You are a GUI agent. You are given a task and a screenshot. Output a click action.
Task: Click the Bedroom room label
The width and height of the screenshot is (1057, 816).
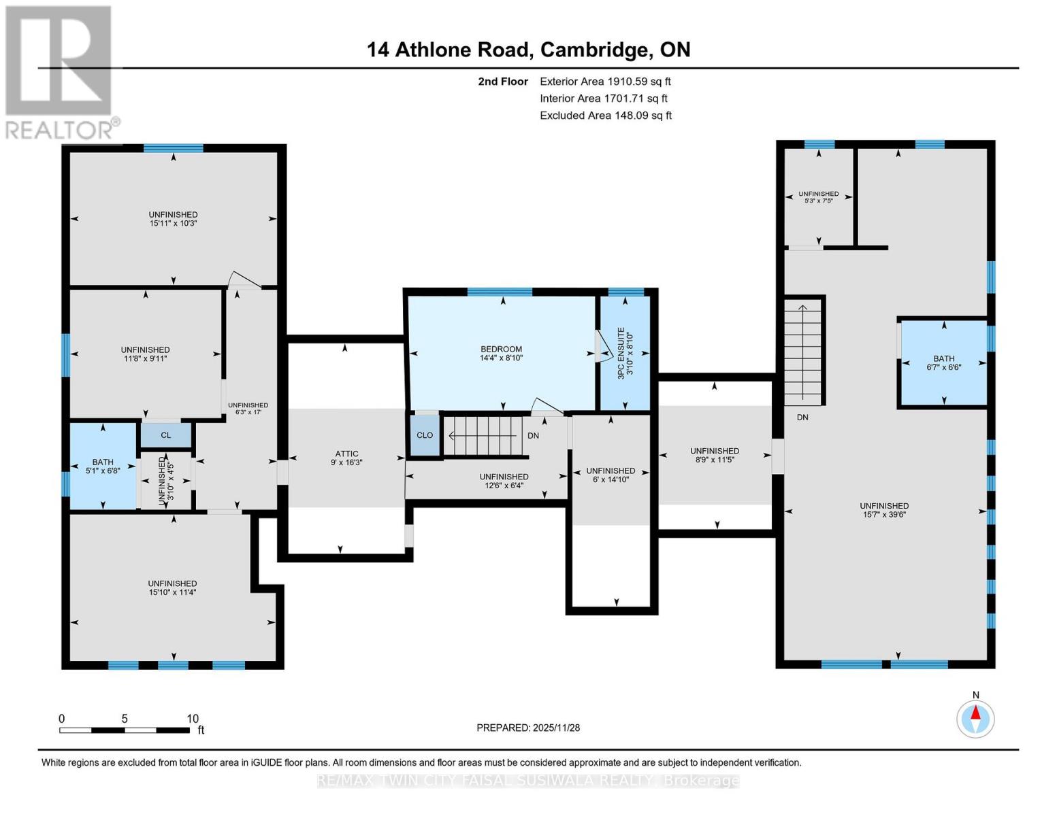(501, 349)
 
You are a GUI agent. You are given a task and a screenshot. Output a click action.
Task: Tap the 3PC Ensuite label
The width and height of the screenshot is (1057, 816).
(621, 354)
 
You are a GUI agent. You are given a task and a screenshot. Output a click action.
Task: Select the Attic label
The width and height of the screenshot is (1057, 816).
(346, 454)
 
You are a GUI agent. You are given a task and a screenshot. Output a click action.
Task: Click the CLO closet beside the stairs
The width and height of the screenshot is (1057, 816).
(425, 435)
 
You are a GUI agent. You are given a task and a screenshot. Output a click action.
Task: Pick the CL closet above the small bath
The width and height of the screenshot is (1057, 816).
(166, 435)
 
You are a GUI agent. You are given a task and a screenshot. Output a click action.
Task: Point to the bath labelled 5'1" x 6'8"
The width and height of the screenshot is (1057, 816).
(103, 466)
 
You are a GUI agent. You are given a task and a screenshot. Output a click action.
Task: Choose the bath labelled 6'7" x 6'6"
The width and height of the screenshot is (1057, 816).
(943, 362)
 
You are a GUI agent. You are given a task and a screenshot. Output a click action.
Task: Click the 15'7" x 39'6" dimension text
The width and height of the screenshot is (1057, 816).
(884, 514)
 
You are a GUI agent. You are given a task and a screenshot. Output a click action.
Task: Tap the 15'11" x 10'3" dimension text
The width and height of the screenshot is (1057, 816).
(173, 223)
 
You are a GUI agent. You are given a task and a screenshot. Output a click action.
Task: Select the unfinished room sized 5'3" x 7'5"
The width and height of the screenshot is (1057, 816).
(819, 197)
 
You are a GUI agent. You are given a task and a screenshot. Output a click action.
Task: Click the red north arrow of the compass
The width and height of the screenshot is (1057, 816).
(975, 713)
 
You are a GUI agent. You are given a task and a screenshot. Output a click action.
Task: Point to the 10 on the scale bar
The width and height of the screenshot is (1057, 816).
(193, 718)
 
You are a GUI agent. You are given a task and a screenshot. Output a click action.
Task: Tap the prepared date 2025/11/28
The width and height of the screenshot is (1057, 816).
(557, 728)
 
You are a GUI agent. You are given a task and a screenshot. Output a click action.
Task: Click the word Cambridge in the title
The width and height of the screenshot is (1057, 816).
(596, 50)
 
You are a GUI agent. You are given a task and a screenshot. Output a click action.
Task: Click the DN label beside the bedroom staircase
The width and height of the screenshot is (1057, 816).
(533, 435)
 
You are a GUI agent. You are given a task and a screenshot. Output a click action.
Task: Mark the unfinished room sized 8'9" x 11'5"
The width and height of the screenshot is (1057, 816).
(715, 455)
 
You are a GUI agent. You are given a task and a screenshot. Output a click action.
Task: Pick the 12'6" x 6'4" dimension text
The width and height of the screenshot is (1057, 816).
(504, 485)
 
